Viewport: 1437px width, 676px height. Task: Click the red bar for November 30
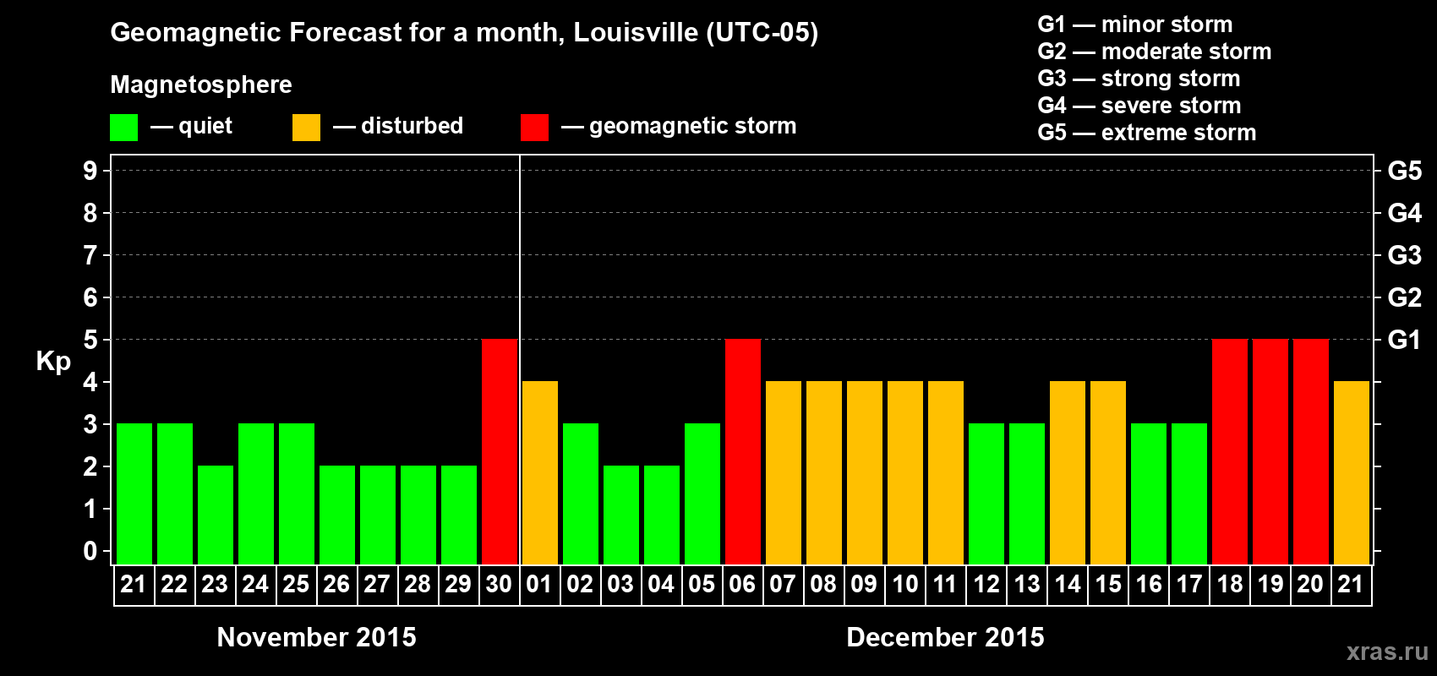pos(499,452)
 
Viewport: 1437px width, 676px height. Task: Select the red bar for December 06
pos(742,452)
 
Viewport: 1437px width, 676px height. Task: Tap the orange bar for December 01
pos(539,473)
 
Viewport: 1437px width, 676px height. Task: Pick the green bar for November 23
pos(215,515)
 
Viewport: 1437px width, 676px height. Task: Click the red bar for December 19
pos(1270,452)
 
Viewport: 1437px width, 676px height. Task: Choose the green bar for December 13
pos(1026,494)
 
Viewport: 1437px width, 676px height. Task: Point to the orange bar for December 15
pos(1107,473)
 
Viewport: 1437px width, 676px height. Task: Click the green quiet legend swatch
pos(123,128)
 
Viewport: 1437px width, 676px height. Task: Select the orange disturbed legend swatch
pos(306,128)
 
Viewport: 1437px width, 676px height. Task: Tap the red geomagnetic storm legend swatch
pos(534,128)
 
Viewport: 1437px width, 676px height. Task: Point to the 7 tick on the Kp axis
pos(90,255)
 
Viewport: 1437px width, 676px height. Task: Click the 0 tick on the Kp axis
pos(90,552)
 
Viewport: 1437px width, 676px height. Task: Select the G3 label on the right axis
pos(1404,255)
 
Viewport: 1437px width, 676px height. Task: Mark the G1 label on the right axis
pos(1404,340)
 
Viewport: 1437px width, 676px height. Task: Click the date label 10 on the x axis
pos(904,584)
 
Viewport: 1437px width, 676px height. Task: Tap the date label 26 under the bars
pos(336,584)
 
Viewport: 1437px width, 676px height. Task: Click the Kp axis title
pos(53,361)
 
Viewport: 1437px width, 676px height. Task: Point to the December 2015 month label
pos(945,637)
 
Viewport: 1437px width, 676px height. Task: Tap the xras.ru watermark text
pos(1387,651)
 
